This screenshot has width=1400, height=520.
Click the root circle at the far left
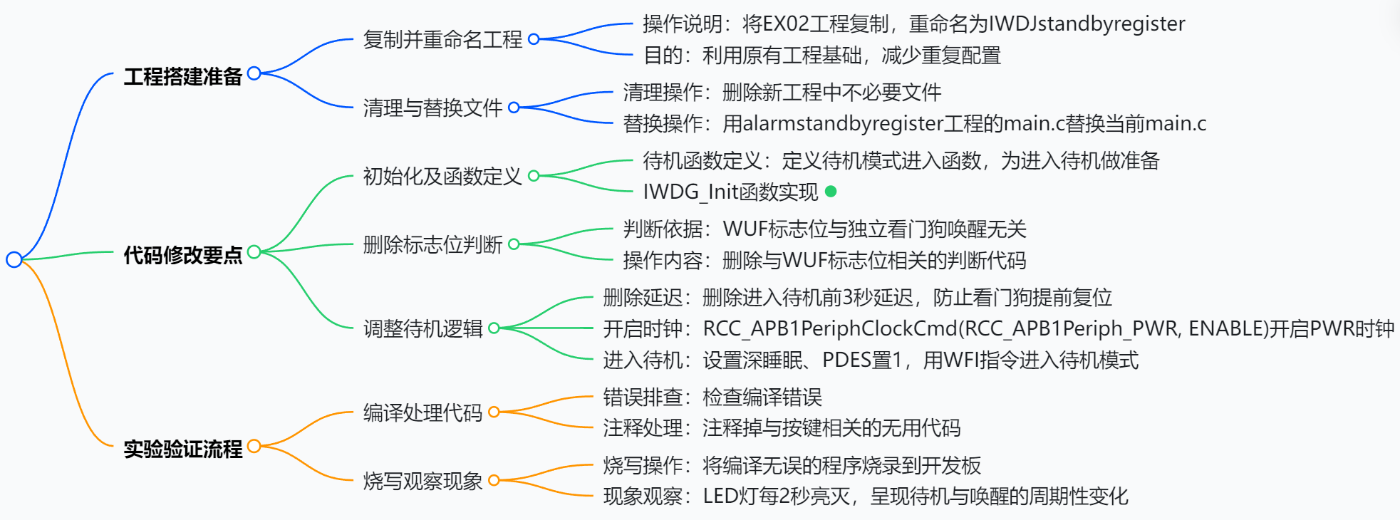[14, 259]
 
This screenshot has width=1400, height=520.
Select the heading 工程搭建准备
[182, 76]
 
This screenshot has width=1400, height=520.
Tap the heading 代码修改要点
[182, 254]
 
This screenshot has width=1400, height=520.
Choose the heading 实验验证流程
[182, 449]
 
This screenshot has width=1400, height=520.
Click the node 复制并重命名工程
[442, 39]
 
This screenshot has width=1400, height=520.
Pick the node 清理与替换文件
[432, 108]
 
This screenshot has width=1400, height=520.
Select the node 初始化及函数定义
[442, 176]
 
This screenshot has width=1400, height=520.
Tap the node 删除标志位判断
[432, 244]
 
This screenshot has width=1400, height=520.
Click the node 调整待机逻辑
[422, 328]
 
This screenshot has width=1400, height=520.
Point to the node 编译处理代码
[422, 412]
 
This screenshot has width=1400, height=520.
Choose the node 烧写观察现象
[422, 481]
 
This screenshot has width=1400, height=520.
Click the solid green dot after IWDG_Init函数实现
[831, 191]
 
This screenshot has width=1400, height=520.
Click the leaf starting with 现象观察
[866, 496]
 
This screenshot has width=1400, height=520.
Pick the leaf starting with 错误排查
[712, 397]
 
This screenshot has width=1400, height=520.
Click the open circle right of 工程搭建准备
[254, 73]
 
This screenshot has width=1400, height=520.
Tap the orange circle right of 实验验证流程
[254, 446]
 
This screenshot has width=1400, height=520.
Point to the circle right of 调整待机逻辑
[494, 328]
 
